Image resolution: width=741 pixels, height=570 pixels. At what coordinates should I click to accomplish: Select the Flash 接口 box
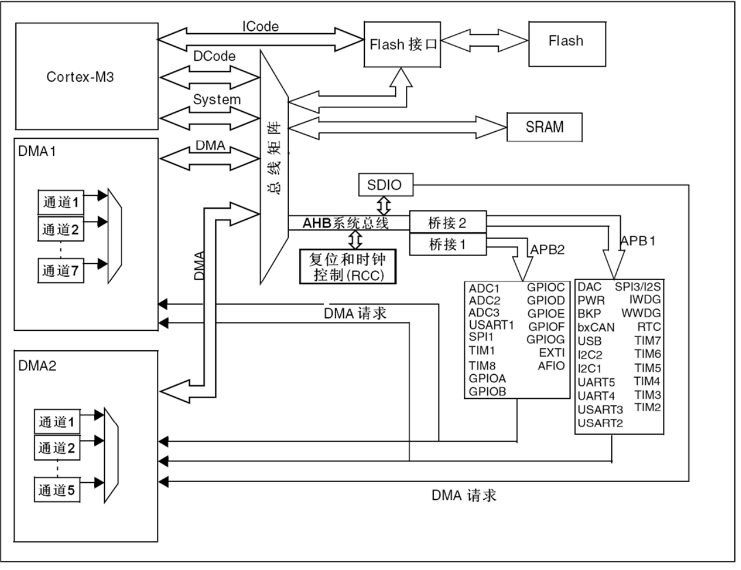(402, 45)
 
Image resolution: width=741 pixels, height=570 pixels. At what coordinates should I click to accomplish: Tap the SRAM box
(545, 127)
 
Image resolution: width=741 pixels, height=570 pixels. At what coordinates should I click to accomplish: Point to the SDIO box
(385, 185)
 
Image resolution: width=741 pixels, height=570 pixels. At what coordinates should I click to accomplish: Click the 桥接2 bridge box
(447, 223)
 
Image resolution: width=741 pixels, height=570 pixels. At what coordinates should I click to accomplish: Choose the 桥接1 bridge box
(447, 244)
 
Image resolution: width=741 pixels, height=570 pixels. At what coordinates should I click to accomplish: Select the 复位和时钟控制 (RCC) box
(347, 267)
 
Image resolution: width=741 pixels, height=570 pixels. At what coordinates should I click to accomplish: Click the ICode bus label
(260, 26)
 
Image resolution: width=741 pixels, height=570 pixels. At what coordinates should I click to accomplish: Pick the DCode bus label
(214, 56)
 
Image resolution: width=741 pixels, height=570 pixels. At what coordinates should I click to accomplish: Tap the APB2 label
(547, 249)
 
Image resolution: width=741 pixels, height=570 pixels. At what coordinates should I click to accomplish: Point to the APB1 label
(638, 241)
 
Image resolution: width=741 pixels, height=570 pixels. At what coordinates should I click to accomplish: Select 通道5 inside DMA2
(56, 490)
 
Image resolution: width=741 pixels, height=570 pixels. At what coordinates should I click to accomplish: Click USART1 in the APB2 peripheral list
(491, 325)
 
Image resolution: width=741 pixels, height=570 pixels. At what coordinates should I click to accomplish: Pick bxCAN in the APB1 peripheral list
(596, 328)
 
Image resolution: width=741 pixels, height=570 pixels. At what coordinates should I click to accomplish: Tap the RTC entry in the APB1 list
(649, 327)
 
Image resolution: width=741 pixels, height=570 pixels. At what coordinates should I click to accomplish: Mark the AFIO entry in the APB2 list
(551, 366)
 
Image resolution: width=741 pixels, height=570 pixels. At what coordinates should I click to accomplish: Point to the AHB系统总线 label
(345, 223)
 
